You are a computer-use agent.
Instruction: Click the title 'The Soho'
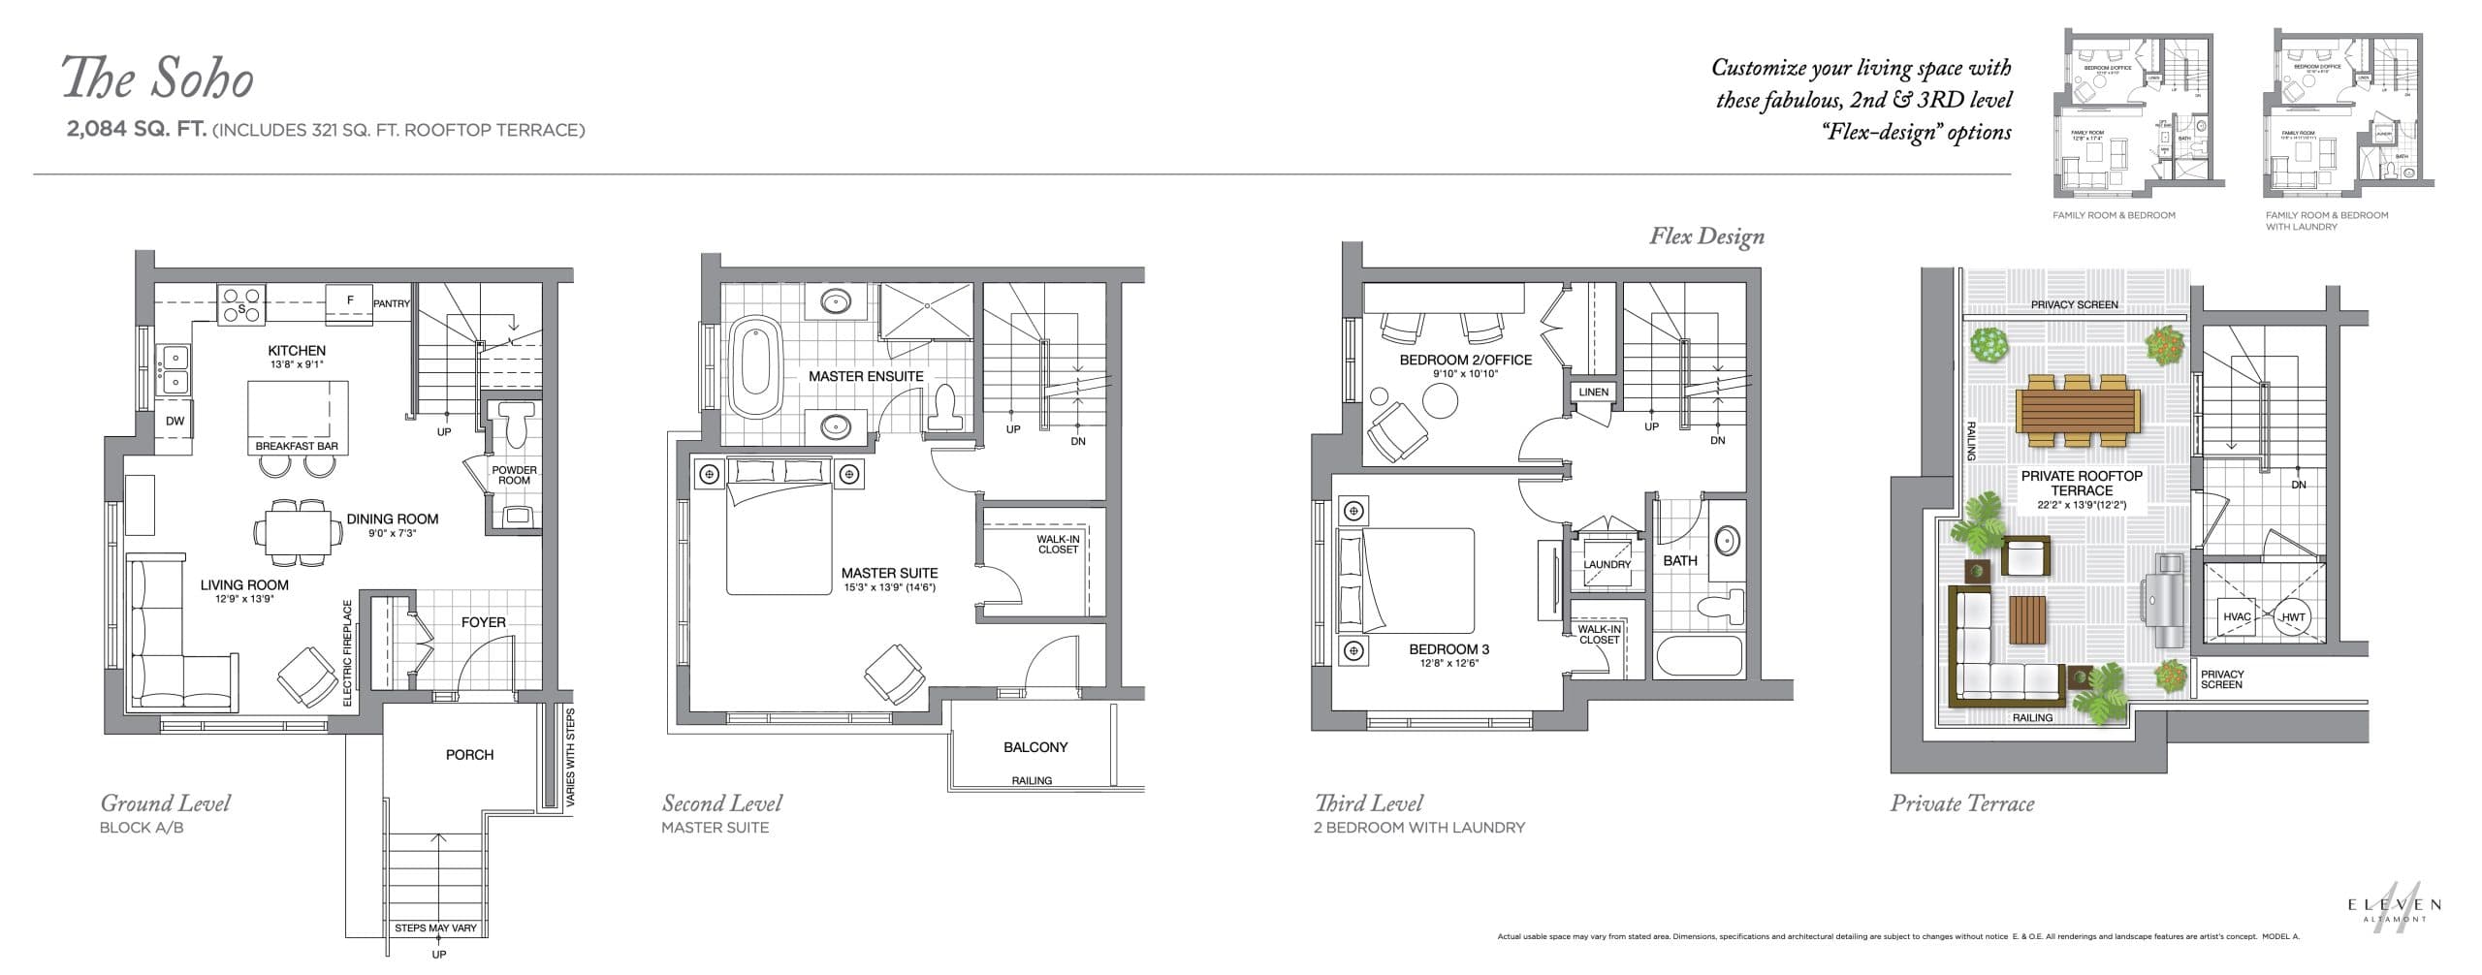(158, 79)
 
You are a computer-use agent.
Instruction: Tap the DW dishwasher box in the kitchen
(175, 421)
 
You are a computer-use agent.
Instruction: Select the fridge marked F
(351, 300)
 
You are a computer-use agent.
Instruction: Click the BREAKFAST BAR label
(297, 447)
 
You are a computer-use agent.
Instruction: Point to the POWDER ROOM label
(514, 475)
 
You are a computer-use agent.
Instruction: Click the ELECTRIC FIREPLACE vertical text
(347, 652)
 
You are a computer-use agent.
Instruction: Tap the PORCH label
(469, 754)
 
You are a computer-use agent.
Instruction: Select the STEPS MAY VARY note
(435, 928)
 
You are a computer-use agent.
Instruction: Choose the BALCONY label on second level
(1035, 747)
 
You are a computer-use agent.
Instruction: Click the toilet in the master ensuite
(943, 408)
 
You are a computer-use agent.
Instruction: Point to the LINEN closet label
(1593, 393)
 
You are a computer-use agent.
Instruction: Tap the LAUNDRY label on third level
(1607, 564)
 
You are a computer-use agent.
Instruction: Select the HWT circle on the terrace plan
(2293, 617)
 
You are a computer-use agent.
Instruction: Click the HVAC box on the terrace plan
(2237, 617)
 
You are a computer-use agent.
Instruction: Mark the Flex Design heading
(1706, 236)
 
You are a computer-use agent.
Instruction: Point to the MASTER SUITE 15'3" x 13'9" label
(889, 579)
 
